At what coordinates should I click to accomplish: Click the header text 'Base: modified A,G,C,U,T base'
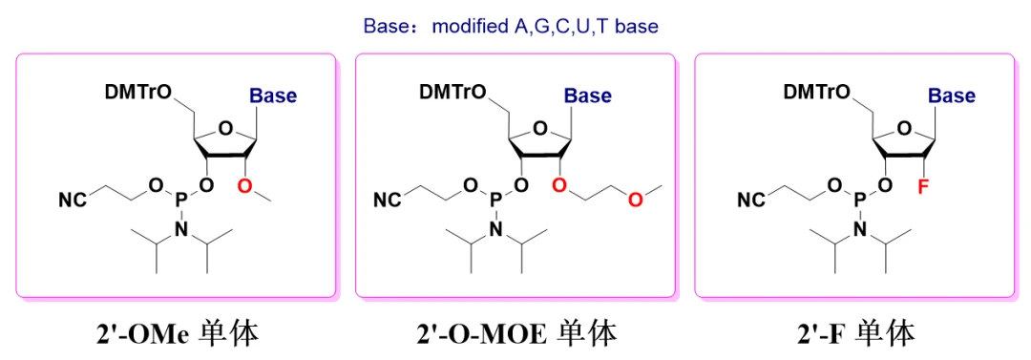click(511, 26)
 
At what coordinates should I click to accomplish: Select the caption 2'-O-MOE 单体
click(515, 332)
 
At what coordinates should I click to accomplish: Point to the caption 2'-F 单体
click(853, 332)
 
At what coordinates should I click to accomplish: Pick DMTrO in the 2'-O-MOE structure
click(452, 92)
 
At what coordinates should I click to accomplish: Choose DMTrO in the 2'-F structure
click(816, 92)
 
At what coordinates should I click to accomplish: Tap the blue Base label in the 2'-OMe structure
click(273, 95)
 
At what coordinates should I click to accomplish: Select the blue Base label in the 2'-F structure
click(952, 95)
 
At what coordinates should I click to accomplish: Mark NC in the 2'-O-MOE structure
click(386, 201)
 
